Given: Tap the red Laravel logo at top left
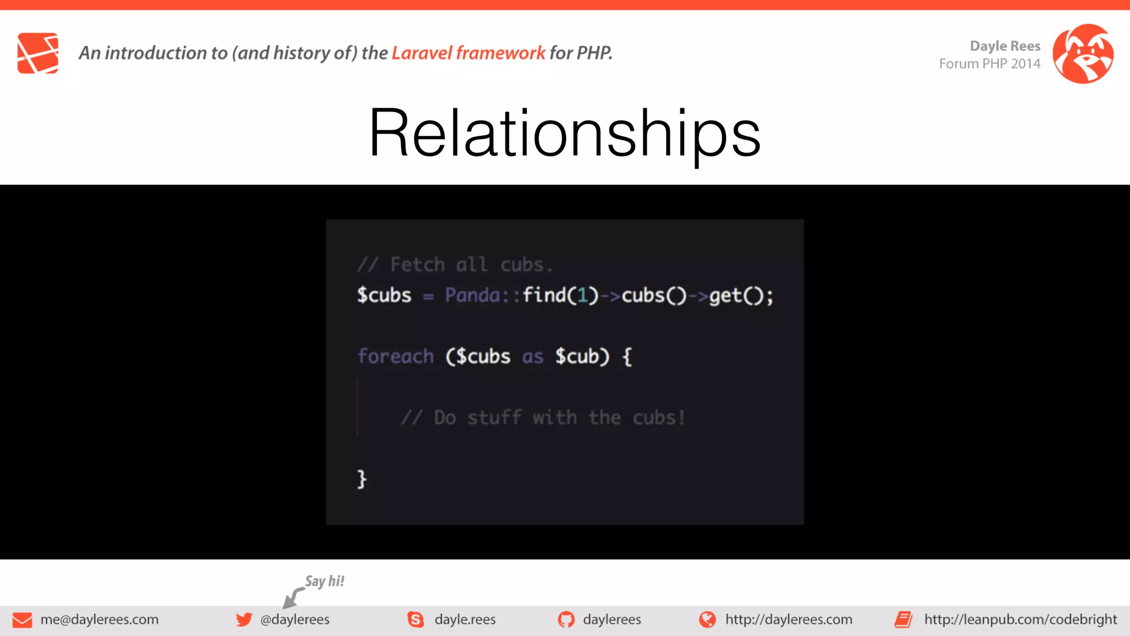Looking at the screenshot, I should (38, 53).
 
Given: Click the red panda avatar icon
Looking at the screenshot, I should (1083, 54).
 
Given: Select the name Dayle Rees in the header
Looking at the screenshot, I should (1005, 46).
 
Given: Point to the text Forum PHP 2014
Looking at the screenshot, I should (989, 64).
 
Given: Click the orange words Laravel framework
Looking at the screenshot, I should (468, 53).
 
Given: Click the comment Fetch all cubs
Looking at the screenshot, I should (455, 265).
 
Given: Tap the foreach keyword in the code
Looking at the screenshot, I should (396, 357).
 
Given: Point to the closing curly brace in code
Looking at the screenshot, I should (361, 479).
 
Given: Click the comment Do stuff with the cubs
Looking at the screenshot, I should (543, 418).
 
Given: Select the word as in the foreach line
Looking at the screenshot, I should (532, 357).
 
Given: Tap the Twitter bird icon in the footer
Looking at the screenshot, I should (244, 619).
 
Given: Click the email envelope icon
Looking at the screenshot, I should (22, 620).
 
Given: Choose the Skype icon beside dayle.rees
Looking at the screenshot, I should (415, 619).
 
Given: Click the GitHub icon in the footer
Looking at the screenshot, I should (566, 619).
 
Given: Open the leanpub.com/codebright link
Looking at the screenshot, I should (1020, 619).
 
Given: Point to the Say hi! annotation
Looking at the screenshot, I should (324, 581).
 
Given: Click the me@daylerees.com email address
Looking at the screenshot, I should (99, 619).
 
